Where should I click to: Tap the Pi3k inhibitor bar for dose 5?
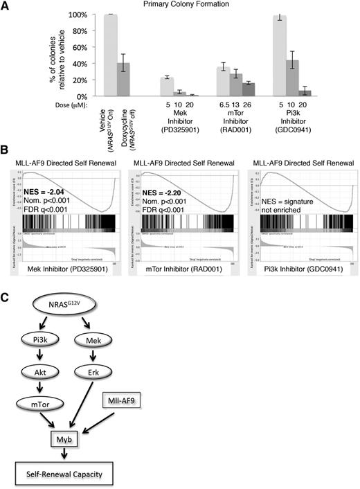click(x=300, y=55)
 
